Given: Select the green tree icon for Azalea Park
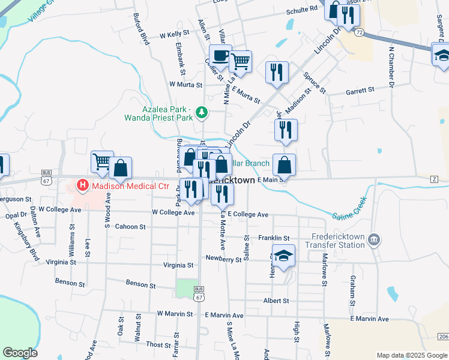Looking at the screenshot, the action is (203, 111).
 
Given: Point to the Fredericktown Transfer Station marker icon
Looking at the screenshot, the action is (373, 240).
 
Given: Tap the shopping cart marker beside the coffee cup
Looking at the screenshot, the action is (240, 61).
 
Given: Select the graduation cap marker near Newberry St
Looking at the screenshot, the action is (283, 255).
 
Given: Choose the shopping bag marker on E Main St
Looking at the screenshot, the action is (285, 165).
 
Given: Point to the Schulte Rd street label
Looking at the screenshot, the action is (301, 10).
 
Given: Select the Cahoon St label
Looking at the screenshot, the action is (130, 227).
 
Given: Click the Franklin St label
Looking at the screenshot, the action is (274, 238).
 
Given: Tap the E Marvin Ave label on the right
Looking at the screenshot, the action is (369, 319).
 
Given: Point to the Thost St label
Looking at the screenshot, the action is (158, 344).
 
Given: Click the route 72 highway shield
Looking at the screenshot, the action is (359, 31).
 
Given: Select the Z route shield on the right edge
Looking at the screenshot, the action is (435, 179).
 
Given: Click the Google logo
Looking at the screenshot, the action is (20, 352).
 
